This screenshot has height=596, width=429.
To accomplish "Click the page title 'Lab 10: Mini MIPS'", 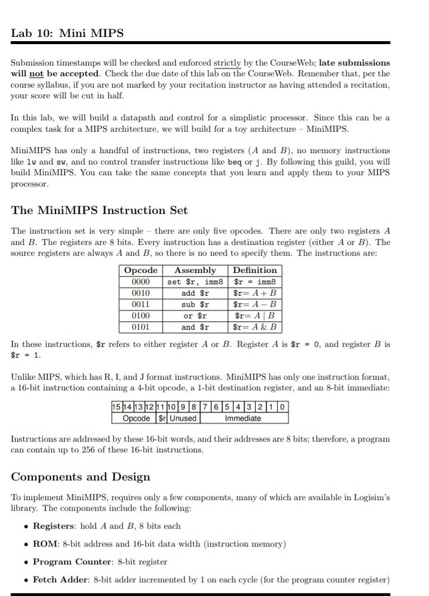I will pyautogui.click(x=67, y=33).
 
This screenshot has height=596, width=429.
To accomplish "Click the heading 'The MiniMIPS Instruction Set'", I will pyautogui.click(x=100, y=210).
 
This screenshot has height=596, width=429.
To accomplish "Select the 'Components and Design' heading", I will pyautogui.click(x=80, y=477).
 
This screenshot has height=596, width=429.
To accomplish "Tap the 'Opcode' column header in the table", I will pyautogui.click(x=141, y=271).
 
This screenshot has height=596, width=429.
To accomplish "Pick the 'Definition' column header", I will pyautogui.click(x=255, y=271).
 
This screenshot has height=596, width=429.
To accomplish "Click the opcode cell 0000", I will pyautogui.click(x=141, y=282).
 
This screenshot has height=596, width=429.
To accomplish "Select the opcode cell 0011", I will pyautogui.click(x=141, y=305).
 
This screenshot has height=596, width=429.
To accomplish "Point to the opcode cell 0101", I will pyautogui.click(x=141, y=327).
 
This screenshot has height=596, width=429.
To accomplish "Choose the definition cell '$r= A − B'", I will pyautogui.click(x=255, y=305).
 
